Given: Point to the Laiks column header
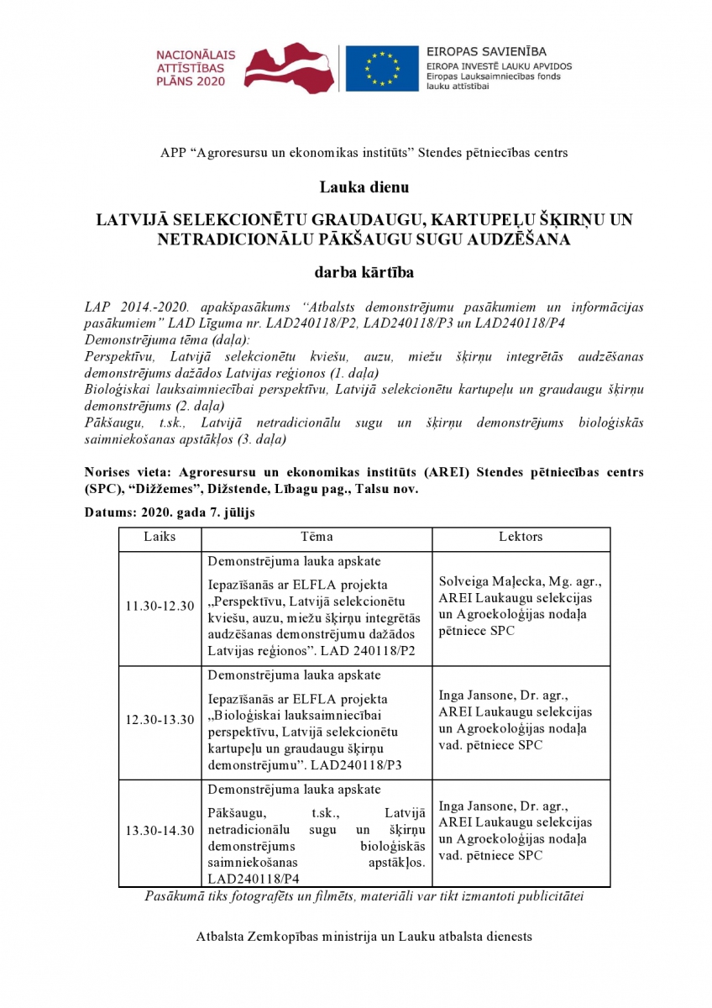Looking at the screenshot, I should tap(160, 537).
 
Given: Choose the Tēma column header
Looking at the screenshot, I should tap(317, 537).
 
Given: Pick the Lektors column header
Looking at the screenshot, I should tap(521, 537).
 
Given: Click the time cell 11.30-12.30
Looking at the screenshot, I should tap(160, 606).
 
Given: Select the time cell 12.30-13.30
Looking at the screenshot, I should tap(160, 720).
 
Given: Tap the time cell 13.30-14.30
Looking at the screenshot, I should tap(160, 831).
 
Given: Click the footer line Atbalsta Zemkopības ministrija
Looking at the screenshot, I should tap(364, 936).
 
